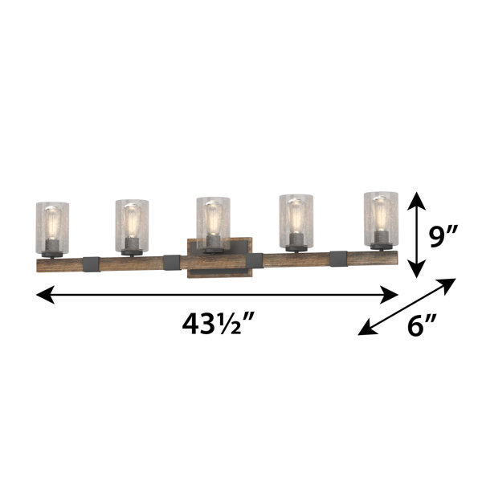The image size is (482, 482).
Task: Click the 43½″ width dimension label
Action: click(218, 325)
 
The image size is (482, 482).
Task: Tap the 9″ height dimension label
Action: click(443, 235)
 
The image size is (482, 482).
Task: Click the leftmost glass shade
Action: click(52, 228)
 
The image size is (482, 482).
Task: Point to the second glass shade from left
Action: click(132, 226)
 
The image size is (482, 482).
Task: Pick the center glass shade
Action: click(214, 223)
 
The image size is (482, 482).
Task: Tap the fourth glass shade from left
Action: click(296, 221)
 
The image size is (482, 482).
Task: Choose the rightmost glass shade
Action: click(381, 219)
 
